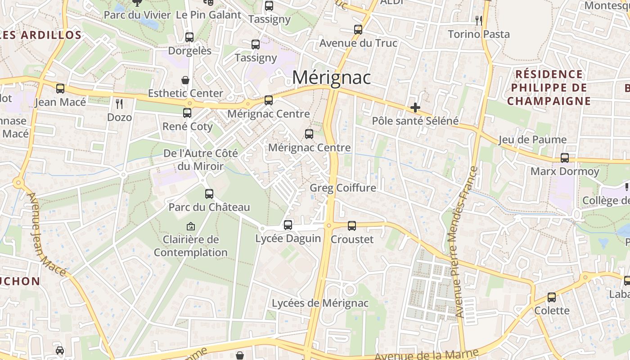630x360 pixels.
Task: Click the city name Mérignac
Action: pos(331,77)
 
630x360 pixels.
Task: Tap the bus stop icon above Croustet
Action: pos(352,225)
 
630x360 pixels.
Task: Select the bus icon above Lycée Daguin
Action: pos(288,225)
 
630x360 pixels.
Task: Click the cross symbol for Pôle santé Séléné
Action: pos(415,108)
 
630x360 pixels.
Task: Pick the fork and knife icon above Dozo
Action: pos(119,104)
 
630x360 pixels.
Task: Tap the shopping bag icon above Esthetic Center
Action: pos(185,80)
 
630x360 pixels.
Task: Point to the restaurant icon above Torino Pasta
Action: pos(478,20)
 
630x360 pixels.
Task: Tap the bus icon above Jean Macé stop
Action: pos(60,89)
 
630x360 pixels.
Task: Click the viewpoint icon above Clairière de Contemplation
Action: pos(191,226)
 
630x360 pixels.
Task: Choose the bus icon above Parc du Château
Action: pos(209,194)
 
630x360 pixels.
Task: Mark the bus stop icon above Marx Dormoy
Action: pos(564,158)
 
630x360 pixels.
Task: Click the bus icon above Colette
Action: pos(552,297)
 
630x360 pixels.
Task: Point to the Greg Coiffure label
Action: pos(342,188)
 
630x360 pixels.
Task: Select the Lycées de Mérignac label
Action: pos(320,303)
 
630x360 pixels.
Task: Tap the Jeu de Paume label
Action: pos(532,139)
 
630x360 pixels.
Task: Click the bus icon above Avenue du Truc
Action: pos(358,30)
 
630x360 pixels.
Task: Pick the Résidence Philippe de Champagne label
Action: pos(549,87)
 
